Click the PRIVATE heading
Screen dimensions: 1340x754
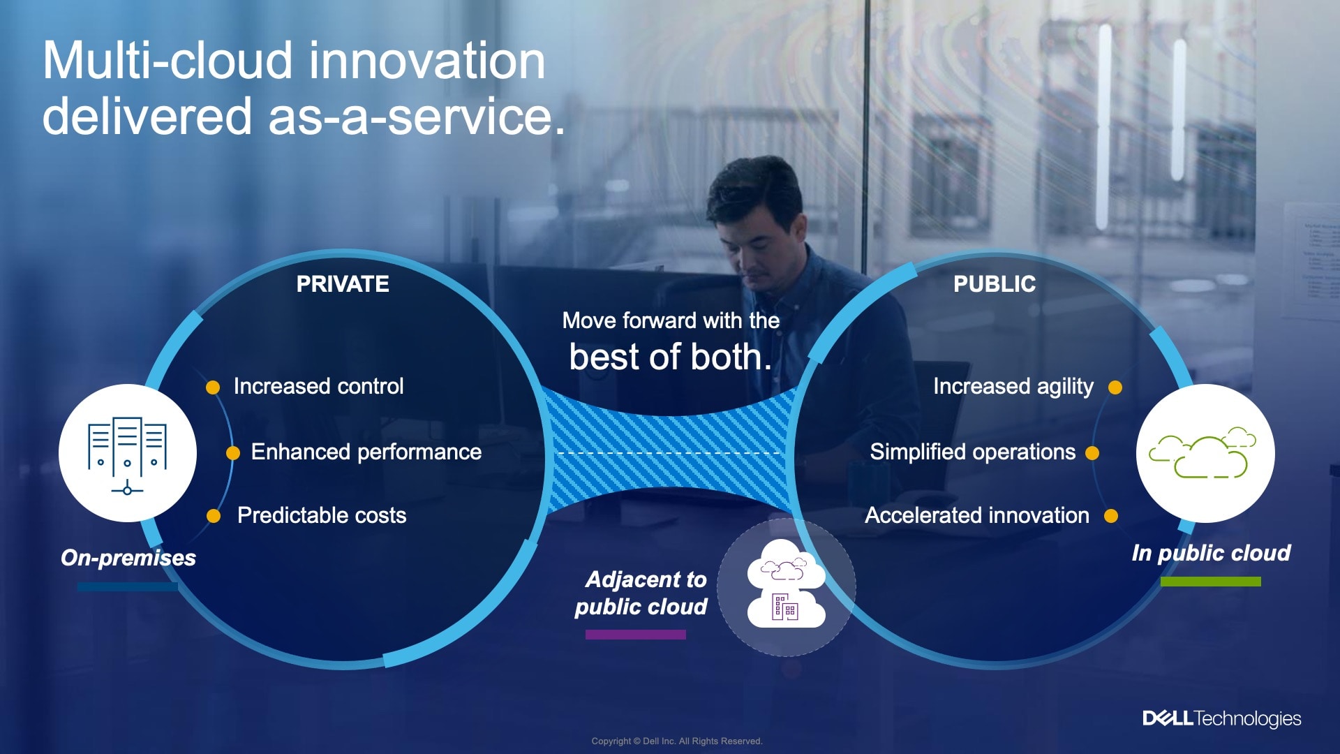343,284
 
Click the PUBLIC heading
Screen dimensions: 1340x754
995,284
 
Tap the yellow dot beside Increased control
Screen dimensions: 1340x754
213,387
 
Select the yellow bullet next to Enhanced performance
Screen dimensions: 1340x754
233,453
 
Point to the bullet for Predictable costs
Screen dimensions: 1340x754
214,516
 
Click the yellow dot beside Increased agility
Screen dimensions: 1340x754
1115,387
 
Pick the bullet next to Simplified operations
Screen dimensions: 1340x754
1092,453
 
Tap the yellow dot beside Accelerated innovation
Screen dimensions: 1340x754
1111,516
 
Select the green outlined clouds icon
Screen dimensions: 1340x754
1203,452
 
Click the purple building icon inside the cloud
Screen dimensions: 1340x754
785,607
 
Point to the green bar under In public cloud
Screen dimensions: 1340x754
1211,582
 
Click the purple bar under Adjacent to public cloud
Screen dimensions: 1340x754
636,635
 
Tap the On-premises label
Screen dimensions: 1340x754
128,558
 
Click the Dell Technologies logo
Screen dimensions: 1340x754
1221,718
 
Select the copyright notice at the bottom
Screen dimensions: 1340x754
677,741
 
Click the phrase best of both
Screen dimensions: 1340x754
671,357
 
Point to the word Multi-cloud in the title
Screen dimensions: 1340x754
168,61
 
